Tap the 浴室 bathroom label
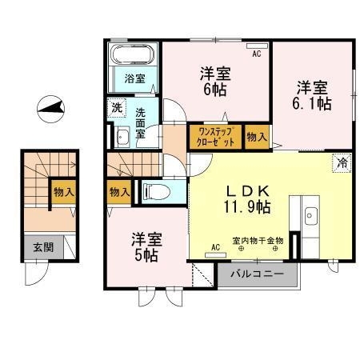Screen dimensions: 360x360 [x=134, y=78]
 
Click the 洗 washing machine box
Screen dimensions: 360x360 [x=117, y=107]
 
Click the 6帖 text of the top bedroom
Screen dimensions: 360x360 [x=215, y=90]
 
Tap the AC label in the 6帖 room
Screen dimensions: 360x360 [x=257, y=54]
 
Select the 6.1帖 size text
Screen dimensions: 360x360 [x=313, y=102]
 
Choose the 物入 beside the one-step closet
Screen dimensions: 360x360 [x=256, y=138]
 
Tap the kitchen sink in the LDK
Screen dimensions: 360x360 [x=311, y=214]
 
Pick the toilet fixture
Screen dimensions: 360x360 [x=154, y=191]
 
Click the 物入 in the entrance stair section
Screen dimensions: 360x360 [x=63, y=191]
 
